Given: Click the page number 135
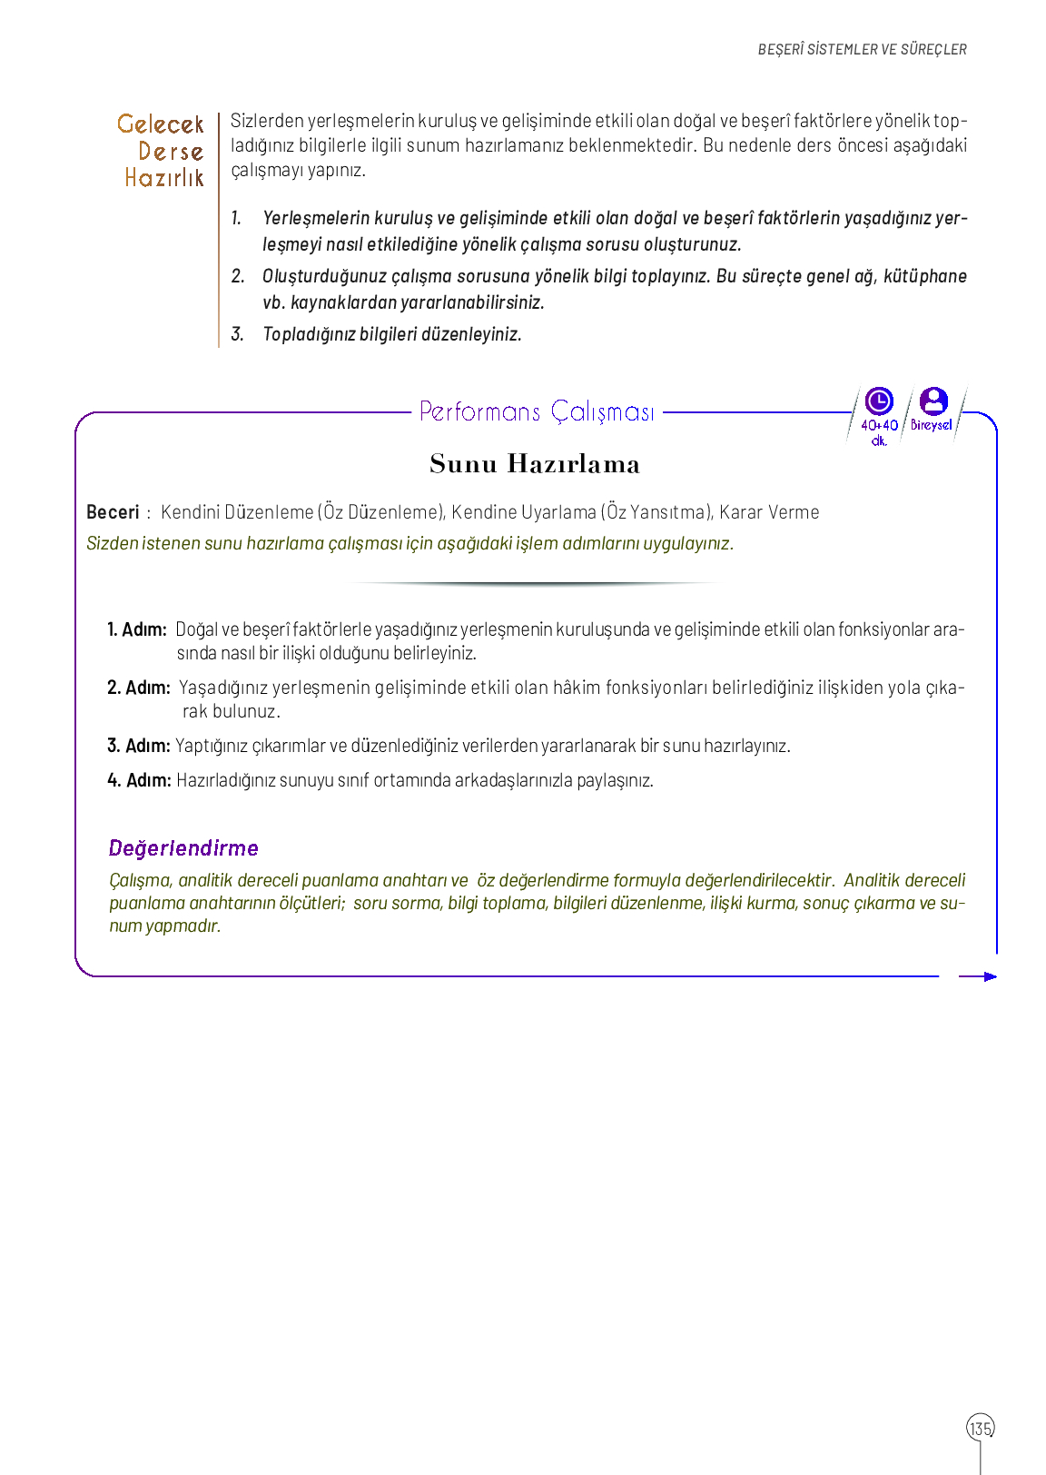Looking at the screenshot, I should (x=980, y=1428).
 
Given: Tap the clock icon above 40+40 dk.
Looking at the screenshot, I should (x=879, y=401).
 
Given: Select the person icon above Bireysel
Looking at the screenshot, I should (x=933, y=401).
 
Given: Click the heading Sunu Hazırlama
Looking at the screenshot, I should (x=535, y=464).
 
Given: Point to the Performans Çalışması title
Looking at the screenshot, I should (x=537, y=412).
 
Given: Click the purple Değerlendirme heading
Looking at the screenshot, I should (x=183, y=848).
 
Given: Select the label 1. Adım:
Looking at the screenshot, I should (x=137, y=629).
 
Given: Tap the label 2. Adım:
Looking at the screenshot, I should (x=139, y=688).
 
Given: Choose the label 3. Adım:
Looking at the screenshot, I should (x=139, y=746).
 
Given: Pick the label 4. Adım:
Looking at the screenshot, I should (x=139, y=780).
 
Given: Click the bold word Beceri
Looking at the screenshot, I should (x=113, y=512).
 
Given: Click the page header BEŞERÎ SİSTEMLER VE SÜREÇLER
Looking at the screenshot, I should (x=862, y=49).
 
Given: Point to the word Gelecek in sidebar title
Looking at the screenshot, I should (x=161, y=124).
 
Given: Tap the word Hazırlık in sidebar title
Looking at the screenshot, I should (x=164, y=178).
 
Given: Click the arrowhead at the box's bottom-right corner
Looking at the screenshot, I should (x=990, y=976).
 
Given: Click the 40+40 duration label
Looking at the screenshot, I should (x=879, y=425).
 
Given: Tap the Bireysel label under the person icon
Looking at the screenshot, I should (x=932, y=425).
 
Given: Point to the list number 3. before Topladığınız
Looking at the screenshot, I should (x=237, y=334).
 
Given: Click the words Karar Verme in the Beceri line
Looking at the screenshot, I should (x=769, y=512).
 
